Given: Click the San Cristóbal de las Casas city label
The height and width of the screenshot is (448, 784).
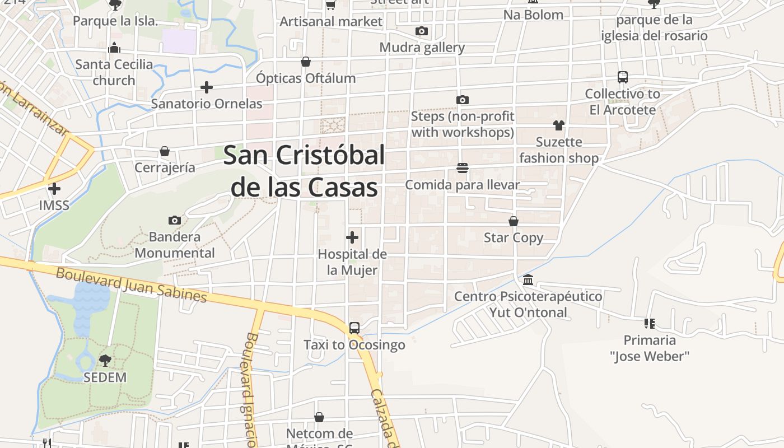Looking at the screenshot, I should coord(304,171).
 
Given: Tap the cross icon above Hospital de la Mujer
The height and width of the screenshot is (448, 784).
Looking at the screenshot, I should coord(352,237).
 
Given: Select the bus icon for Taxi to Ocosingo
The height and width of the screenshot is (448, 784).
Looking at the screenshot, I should coord(354,328).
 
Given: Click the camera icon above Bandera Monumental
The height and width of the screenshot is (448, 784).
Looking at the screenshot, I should coord(175,221).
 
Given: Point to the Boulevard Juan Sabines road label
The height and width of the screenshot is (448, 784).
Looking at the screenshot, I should coord(132,285).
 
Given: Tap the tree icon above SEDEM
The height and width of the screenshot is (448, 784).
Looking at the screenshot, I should coord(105,361).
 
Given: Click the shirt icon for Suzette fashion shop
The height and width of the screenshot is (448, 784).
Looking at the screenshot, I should coord(558,125).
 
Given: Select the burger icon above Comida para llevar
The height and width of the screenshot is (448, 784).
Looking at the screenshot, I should coord(463,168).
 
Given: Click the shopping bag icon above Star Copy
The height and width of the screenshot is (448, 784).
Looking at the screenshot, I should coord(514,221).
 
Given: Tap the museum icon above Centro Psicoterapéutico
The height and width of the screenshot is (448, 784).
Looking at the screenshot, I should coord(528,279).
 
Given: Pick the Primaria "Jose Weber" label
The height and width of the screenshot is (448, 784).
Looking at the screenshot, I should coord(650,348).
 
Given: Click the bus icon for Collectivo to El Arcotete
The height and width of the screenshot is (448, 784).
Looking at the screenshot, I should coord(623,77).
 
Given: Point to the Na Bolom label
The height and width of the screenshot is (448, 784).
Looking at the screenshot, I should coord(533,15).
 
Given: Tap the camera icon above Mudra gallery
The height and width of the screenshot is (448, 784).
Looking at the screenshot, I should coord(422,31).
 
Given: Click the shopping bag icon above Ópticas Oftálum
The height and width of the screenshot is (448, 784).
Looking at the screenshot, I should coord(306,62).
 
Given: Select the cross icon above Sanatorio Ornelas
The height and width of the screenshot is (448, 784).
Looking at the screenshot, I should coord(207,87).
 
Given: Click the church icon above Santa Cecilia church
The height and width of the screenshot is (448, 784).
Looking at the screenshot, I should coord(114,48).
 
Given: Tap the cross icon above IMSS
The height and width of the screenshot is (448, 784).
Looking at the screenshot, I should coord(54,189).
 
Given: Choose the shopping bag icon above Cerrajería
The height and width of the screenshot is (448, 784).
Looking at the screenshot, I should coord(165,151).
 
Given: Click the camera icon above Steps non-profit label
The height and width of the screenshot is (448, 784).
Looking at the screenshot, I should coord(463,100).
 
